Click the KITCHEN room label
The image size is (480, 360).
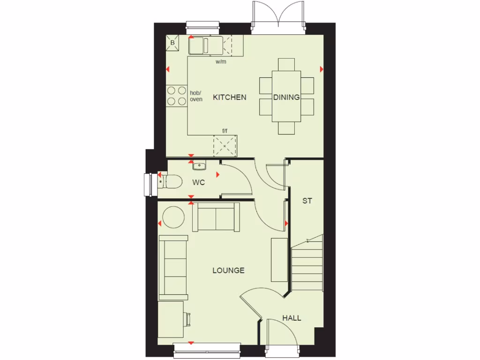(229, 97)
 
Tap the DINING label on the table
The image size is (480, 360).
(286, 97)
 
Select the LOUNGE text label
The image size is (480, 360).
(228, 270)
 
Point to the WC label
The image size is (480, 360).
(199, 183)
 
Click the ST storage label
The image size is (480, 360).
(307, 201)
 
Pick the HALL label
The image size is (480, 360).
(292, 318)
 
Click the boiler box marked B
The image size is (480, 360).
(172, 43)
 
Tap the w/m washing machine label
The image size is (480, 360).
(221, 62)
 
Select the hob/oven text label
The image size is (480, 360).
(196, 96)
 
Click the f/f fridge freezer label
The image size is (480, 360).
(225, 131)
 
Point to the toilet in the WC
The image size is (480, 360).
(171, 181)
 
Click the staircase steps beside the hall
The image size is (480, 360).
(307, 265)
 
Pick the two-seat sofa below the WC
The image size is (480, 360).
(216, 217)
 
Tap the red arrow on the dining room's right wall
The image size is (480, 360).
(322, 69)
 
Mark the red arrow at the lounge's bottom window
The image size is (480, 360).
(191, 343)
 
